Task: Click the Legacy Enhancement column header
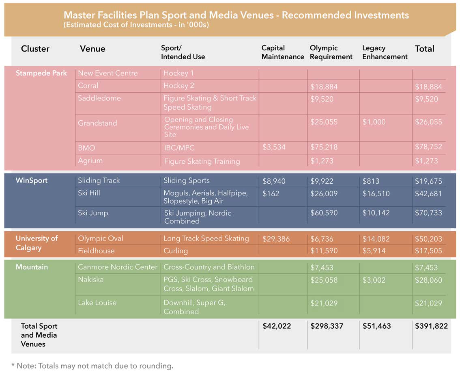point(385,52)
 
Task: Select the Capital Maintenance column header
point(282,52)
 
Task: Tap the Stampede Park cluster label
point(41,73)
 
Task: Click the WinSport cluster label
point(32,180)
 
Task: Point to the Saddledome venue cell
point(99,98)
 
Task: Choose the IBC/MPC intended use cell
point(179,148)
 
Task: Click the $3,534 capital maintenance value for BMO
point(274,147)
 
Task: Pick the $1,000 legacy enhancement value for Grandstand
point(374,122)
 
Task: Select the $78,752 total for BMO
point(428,147)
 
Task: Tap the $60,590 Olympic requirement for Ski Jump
point(324,213)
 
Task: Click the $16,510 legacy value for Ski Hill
point(376,194)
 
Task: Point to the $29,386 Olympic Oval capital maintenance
point(276,239)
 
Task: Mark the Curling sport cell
point(175,251)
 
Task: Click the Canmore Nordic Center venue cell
point(118,267)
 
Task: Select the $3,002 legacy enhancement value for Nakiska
point(374,280)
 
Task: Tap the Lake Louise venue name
point(97,303)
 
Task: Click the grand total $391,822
point(431,326)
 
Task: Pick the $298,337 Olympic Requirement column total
point(327,326)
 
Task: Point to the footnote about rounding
point(92,366)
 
